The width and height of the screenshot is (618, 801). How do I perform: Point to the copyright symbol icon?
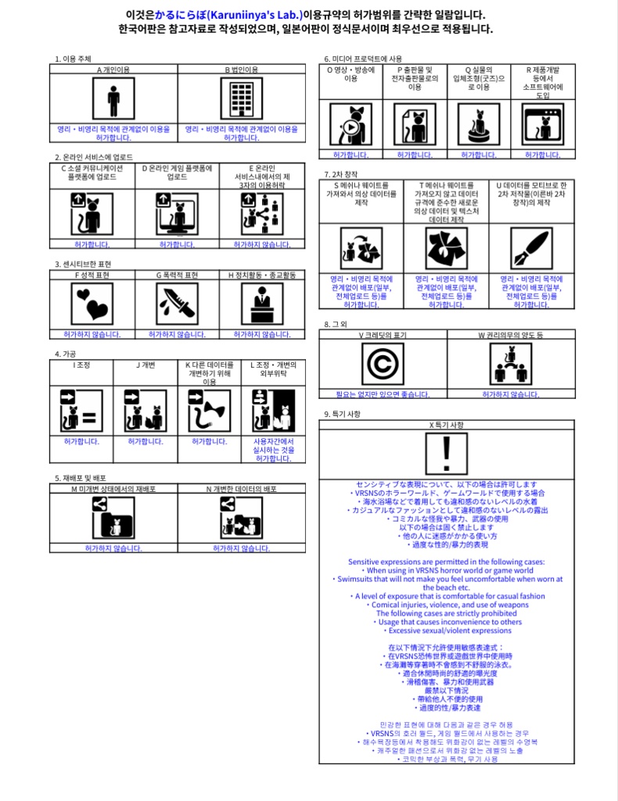383,365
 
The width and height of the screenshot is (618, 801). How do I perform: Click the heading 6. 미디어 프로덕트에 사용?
363,59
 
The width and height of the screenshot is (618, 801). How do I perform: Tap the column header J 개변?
146,365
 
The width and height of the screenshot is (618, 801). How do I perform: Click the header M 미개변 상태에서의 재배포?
113,489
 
